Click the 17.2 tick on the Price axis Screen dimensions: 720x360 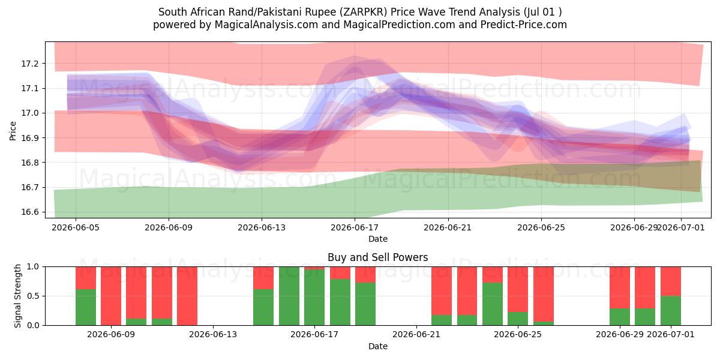click(29, 64)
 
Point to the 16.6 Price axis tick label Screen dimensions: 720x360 click(29, 212)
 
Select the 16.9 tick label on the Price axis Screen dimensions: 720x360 click(29, 138)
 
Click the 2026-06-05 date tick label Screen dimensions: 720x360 click(76, 227)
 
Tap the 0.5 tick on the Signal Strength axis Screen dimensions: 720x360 click(32, 296)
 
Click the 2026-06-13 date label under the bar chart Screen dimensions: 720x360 click(213, 334)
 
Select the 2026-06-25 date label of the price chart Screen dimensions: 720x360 click(541, 227)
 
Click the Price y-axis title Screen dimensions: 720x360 click(13, 131)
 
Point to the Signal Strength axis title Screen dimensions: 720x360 click(17, 296)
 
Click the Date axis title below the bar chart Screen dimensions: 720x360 click(377, 346)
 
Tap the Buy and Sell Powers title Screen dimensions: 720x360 click(377, 257)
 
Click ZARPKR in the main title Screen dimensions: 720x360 click(365, 12)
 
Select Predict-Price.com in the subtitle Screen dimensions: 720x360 click(524, 25)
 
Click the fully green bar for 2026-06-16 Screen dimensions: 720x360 click(289, 296)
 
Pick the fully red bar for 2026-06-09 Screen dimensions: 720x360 click(111, 296)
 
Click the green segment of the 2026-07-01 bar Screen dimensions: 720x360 click(671, 311)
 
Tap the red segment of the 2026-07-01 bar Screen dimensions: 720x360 click(671, 281)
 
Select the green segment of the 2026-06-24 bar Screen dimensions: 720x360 click(493, 304)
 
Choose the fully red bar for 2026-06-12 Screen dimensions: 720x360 click(187, 296)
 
